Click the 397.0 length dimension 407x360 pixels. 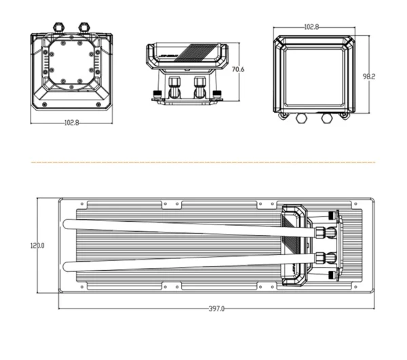point(216,308)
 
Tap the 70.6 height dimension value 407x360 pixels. point(237,70)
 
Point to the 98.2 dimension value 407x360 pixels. point(368,77)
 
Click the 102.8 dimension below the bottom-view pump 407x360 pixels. point(71,123)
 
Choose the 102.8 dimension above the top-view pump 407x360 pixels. point(311,26)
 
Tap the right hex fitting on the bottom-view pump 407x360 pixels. point(85,26)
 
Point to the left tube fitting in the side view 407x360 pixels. point(174,87)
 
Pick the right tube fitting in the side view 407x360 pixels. point(199,87)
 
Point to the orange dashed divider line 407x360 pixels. point(203,162)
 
